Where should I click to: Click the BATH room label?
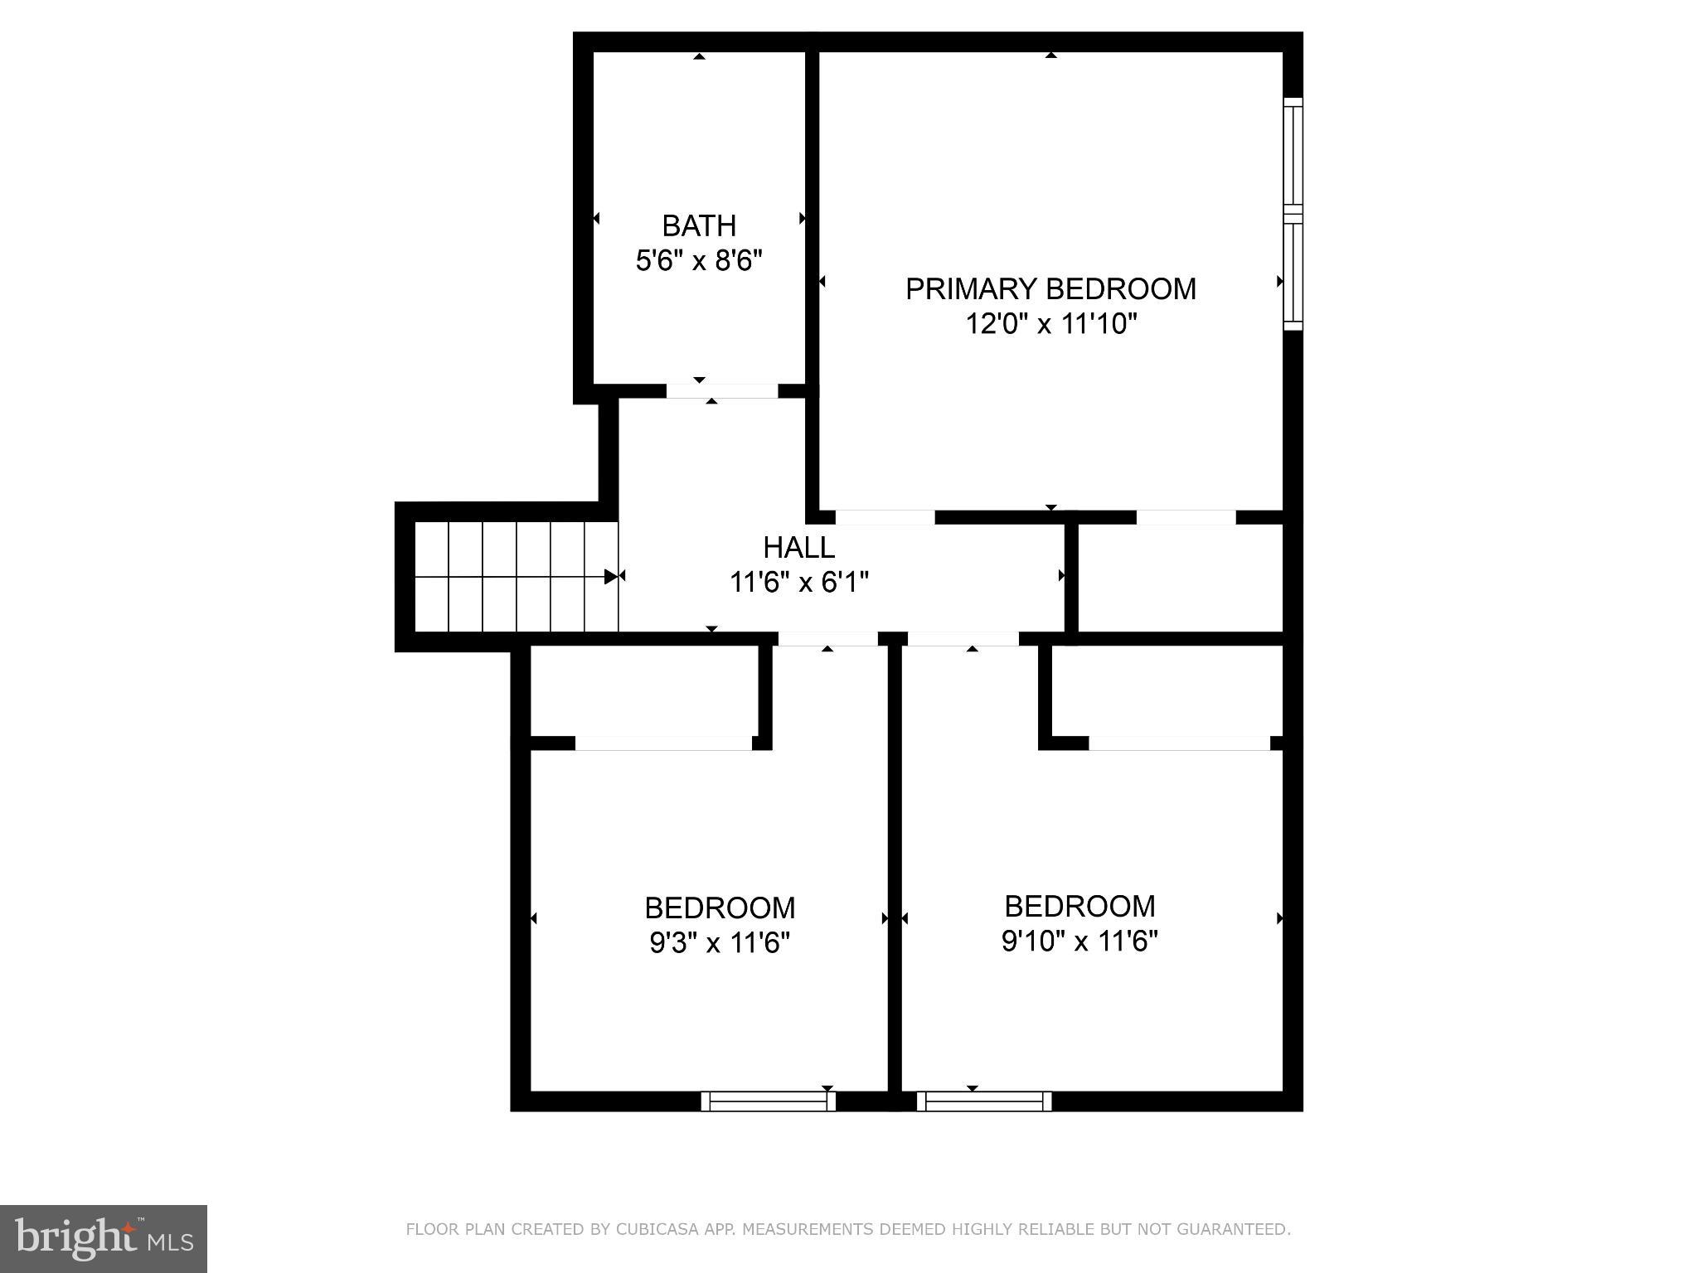698,225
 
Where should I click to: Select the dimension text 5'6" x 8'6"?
698,261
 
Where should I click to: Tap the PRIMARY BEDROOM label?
1050,288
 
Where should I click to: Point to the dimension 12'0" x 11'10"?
1050,323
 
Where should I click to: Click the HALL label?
798,547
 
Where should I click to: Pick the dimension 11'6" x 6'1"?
798,582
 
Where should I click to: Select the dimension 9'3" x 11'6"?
719,943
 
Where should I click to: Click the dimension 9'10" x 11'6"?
1079,941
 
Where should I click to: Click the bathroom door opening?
722,391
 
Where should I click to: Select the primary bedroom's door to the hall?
885,517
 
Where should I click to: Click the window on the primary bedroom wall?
1293,214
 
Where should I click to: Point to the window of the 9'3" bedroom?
769,1101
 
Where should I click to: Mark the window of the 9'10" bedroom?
984,1101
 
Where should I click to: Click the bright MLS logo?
103,1238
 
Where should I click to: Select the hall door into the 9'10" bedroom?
963,638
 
